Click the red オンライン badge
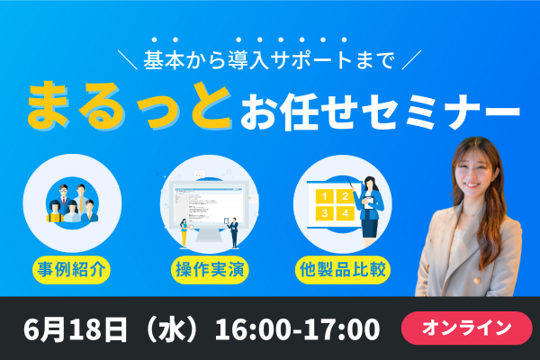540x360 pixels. point(466,328)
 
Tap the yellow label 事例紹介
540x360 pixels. point(71,270)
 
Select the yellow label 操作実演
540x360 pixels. point(210,270)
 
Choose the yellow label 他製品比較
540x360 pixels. point(343,270)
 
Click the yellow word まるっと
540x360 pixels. point(129,105)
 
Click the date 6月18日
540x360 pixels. point(75,329)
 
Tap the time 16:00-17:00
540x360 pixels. point(298,329)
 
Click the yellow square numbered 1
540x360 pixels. point(324,196)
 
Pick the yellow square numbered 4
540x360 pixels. point(345,213)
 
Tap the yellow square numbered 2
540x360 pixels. point(345,196)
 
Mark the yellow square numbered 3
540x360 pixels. point(324,213)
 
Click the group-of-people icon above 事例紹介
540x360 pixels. point(72,203)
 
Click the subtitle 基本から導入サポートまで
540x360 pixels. point(269,60)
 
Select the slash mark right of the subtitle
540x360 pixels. point(411,60)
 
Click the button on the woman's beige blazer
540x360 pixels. point(476,281)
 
